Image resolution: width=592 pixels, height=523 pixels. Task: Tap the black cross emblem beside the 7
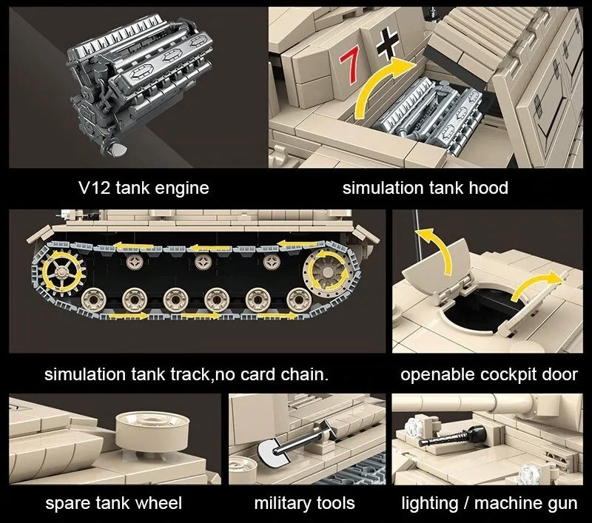387,47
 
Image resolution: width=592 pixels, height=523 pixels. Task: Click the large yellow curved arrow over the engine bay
385,85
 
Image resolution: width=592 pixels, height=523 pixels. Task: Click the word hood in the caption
488,188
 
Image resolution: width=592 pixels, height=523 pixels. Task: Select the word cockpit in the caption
494,374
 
